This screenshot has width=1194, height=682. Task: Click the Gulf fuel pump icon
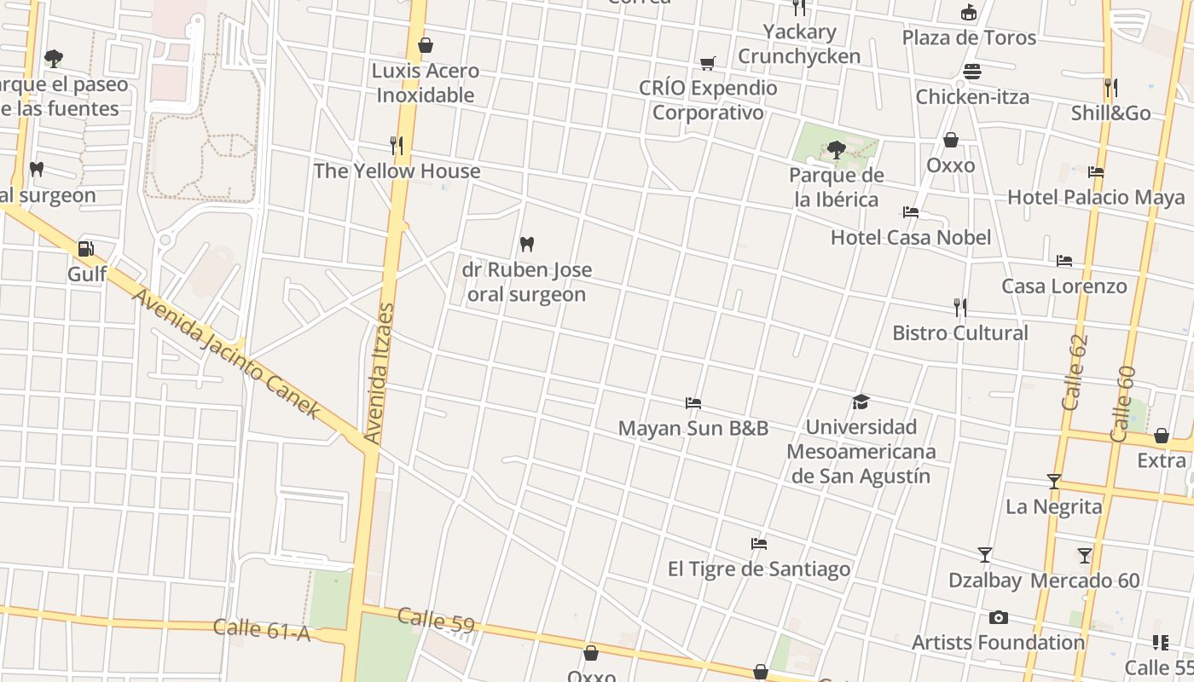click(x=85, y=249)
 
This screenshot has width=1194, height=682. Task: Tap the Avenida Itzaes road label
click(x=380, y=373)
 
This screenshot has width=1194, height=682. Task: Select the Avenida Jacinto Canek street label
click(x=227, y=354)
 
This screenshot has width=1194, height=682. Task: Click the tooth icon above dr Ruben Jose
click(x=526, y=245)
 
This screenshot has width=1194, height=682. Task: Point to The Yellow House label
click(x=397, y=170)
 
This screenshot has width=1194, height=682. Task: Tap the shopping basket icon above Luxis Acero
click(x=425, y=45)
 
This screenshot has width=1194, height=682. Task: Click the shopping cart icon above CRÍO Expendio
click(x=707, y=63)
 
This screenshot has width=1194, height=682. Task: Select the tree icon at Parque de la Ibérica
click(x=836, y=151)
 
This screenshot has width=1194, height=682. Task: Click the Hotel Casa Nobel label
click(x=911, y=237)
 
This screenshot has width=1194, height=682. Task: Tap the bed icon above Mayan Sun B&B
click(x=693, y=403)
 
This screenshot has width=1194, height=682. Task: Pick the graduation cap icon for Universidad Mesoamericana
click(x=860, y=402)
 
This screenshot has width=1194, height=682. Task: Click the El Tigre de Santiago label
click(x=758, y=569)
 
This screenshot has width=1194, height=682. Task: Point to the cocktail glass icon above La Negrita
click(x=1054, y=482)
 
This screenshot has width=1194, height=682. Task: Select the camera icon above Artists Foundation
click(x=998, y=617)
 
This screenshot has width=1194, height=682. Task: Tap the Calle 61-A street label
click(x=261, y=629)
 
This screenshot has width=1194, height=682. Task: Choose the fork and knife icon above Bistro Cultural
click(x=960, y=308)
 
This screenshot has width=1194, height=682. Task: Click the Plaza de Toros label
click(x=969, y=38)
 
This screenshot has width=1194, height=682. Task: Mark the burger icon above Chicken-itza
click(x=972, y=72)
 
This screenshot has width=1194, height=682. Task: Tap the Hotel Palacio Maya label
click(x=1096, y=198)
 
